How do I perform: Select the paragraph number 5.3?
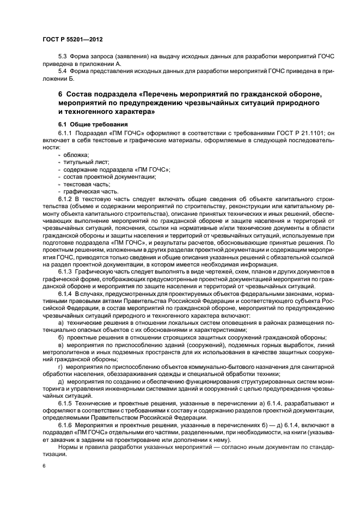pyautogui.click(x=63, y=57)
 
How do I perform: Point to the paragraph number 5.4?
pyautogui.click(x=63, y=71)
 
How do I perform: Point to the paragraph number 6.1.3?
pyautogui.click(x=65, y=271)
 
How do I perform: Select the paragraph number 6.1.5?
pyautogui.click(x=65, y=403)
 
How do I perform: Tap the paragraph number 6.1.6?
pyautogui.click(x=65, y=424)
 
